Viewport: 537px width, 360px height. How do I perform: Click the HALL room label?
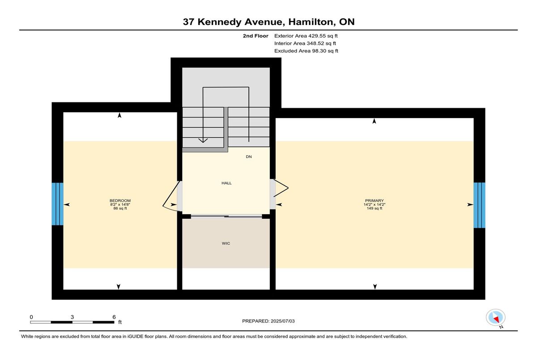tap(226, 183)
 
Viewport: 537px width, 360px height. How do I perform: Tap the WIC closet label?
tap(226, 243)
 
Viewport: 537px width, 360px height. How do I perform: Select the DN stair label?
tap(249, 157)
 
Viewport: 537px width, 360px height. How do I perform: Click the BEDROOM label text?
tap(120, 200)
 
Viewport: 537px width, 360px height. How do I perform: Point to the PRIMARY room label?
tap(374, 200)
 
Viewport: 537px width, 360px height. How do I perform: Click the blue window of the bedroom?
tap(58, 204)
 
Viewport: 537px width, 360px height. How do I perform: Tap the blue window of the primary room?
tap(479, 205)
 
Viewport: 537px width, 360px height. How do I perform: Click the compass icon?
tap(495, 318)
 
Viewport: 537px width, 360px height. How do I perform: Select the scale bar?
tap(72, 322)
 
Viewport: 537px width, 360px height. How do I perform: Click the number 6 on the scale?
tap(114, 317)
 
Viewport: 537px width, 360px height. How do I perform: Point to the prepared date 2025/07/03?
tap(283, 321)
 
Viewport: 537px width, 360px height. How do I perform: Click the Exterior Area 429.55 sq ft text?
tap(306, 36)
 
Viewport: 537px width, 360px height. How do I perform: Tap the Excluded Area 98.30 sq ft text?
tap(306, 51)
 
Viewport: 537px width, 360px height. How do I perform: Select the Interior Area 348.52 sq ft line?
tap(305, 43)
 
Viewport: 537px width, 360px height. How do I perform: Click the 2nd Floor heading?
tap(256, 36)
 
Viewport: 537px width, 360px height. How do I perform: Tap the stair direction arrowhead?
tap(203, 140)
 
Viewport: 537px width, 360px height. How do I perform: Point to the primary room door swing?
tap(281, 188)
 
